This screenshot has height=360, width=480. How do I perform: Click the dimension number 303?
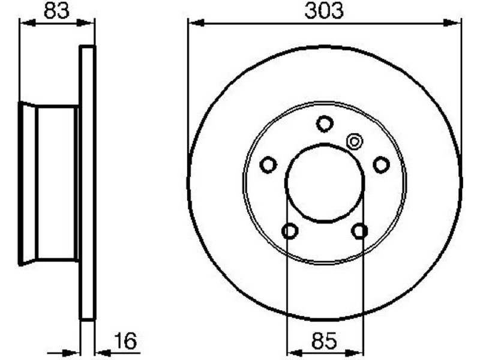[x=324, y=10]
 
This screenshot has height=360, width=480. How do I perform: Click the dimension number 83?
[x=56, y=10]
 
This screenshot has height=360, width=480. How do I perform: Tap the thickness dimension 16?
[x=125, y=340]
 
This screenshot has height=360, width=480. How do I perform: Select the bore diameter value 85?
[x=324, y=340]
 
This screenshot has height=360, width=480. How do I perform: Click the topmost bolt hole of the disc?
[x=325, y=124]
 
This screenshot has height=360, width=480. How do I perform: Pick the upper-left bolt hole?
[x=268, y=164]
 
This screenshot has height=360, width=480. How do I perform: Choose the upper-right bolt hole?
[x=381, y=164]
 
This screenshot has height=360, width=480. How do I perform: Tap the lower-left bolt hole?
[x=290, y=231]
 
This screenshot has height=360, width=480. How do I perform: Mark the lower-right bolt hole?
[x=359, y=231]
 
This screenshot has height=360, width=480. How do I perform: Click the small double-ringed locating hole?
[x=355, y=142]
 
